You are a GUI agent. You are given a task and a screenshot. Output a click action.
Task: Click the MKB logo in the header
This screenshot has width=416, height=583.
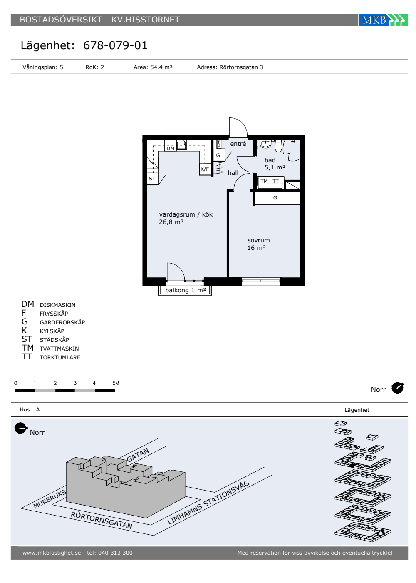click(x=383, y=20)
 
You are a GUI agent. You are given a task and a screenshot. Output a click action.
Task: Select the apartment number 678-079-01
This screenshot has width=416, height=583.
click(x=115, y=45)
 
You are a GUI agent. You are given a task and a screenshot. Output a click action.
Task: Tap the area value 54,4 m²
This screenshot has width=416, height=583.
click(x=161, y=67)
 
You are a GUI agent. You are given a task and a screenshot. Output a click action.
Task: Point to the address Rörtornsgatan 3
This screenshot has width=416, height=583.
click(x=241, y=67)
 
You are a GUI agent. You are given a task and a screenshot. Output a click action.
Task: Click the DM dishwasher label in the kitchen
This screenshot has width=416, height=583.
click(x=170, y=148)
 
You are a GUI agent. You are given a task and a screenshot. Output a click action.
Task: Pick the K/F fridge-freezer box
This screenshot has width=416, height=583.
click(x=205, y=169)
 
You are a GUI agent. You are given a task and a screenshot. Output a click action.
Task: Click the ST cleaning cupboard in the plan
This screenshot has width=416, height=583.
click(x=152, y=179)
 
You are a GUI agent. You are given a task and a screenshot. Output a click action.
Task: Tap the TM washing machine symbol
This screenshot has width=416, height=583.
click(x=264, y=182)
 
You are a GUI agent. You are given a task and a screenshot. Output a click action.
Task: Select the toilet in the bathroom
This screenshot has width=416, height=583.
click(x=278, y=145)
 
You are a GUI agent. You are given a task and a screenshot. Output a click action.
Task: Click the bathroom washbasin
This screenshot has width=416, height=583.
click(x=265, y=143)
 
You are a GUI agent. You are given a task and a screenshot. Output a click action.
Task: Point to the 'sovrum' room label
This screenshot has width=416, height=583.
click(x=258, y=240)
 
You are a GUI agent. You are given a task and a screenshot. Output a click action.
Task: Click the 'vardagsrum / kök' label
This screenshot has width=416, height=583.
click(x=186, y=214)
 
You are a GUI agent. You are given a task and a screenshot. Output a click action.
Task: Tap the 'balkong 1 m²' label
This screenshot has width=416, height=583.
click(x=186, y=290)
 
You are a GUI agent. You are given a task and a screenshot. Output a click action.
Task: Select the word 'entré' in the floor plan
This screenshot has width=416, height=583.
click(x=238, y=144)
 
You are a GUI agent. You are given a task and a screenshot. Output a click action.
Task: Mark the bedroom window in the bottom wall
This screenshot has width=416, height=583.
click(x=261, y=281)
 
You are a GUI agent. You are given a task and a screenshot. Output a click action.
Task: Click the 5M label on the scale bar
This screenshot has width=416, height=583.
click(x=116, y=383)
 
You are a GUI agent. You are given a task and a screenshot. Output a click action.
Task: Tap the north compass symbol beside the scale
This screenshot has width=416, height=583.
click(x=398, y=388)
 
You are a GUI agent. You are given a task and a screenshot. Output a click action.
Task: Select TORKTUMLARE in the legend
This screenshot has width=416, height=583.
click(x=60, y=357)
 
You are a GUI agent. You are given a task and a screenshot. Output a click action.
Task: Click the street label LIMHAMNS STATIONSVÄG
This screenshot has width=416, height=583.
click(x=208, y=502)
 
